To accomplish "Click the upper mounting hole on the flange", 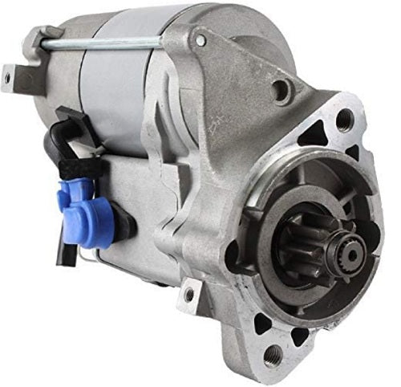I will point(344,121).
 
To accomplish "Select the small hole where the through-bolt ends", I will point(200,39).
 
